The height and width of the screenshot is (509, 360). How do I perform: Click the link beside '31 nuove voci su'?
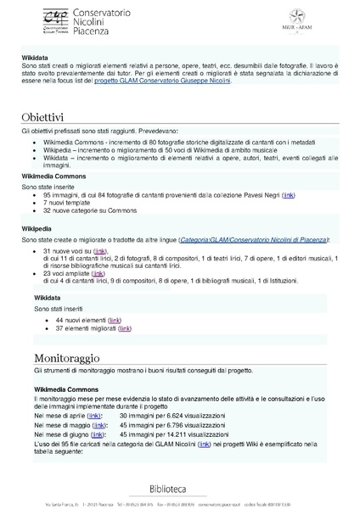[x=100, y=252]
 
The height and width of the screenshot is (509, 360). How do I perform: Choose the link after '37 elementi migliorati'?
[x=125, y=327]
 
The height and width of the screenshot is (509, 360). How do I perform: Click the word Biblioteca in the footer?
[x=180, y=489]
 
